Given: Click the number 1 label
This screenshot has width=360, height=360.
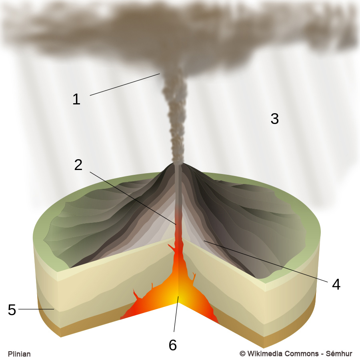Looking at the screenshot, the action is coord(76,99).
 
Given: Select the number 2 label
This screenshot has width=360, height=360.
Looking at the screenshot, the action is coord(78,165).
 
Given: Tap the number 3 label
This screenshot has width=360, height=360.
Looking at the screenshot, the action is coord(274,119).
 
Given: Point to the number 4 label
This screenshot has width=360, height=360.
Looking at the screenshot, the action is coord(336,284).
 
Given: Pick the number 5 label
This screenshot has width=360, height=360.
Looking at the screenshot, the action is coord(12,310).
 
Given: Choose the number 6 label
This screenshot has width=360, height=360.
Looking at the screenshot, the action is coord(173,345).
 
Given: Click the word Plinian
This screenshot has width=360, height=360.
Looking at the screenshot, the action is coord(19,354).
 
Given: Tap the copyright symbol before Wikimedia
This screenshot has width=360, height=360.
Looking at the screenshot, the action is coord(242,354).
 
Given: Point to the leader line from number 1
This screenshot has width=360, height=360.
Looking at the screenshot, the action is coord(125,84).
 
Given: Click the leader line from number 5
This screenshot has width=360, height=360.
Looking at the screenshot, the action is coord(36,309).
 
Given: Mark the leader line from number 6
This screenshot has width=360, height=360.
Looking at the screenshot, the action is coord(176,314).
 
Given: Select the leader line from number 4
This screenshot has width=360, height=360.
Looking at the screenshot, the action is coord(266,262).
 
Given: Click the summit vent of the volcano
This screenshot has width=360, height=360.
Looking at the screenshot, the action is coord(178,162).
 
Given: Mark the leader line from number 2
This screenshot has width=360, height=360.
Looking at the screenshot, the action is coord(133,198).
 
